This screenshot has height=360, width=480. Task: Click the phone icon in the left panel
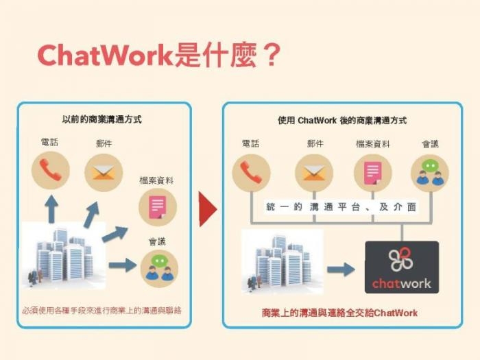51,171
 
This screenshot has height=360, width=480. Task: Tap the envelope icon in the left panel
104,173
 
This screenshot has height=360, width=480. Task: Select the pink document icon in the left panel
158,207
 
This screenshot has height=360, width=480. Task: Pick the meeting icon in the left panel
159,269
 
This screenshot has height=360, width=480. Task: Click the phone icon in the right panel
252,173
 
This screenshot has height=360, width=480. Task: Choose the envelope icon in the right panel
314,173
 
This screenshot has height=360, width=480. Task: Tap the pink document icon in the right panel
372,173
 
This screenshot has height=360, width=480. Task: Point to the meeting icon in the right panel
430,173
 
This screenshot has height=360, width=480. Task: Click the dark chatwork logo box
402,267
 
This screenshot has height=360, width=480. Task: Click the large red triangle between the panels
208,209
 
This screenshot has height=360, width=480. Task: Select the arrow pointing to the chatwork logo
341,269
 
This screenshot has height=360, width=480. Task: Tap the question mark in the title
272,55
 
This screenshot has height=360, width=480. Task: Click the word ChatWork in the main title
106,56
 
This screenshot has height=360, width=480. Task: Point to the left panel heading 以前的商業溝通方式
102,119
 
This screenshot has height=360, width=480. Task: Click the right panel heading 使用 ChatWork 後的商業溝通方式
342,120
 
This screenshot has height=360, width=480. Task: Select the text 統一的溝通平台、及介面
341,207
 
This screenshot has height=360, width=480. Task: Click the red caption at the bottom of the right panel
340,313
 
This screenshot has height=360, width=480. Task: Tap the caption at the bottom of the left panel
101,311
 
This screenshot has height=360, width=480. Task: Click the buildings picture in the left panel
64,256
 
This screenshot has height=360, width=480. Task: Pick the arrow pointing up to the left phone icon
51,209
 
